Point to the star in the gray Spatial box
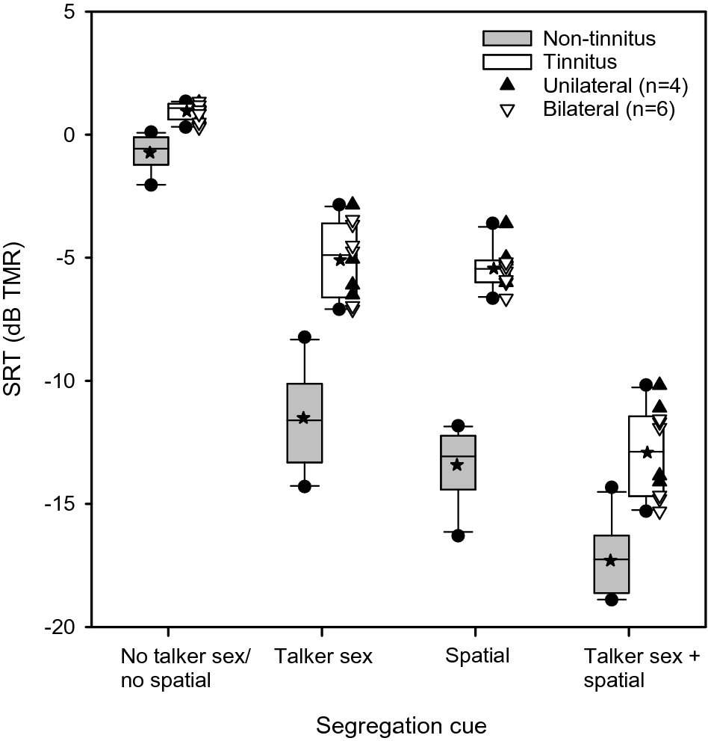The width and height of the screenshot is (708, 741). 458,464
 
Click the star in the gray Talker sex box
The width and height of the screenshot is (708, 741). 303,417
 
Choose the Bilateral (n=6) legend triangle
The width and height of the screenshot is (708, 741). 507,110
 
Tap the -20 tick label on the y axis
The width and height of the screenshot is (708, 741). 64,627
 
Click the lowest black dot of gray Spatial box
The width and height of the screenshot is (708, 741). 458,535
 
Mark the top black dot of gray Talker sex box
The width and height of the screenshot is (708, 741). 305,337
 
